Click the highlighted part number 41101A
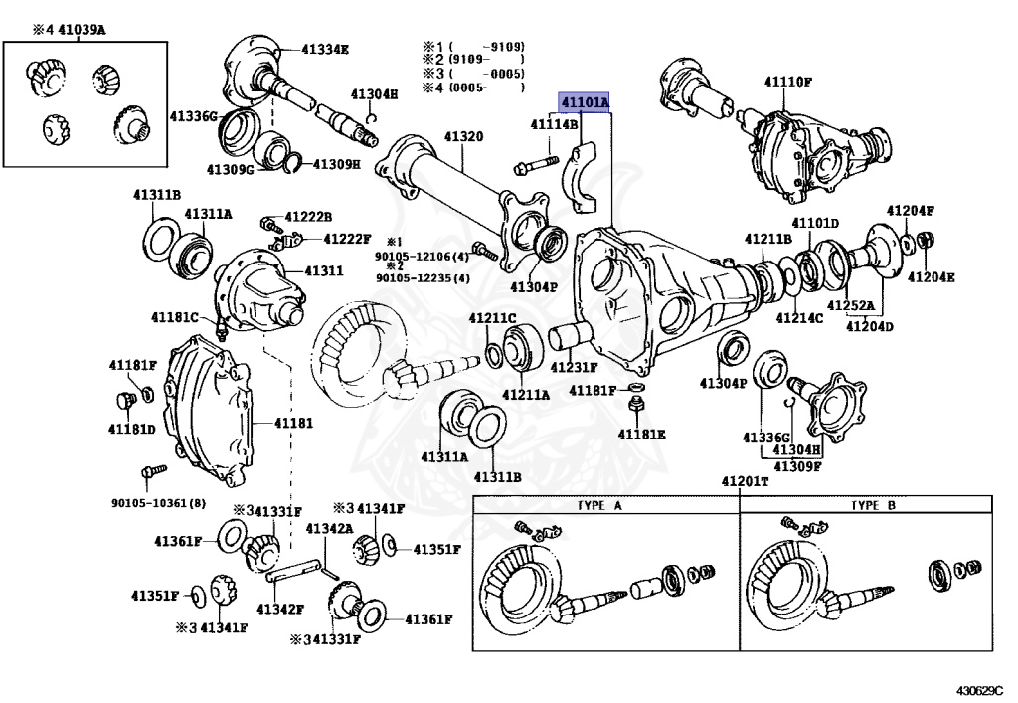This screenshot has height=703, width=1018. click(x=585, y=103)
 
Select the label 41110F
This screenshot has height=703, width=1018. click(x=788, y=81)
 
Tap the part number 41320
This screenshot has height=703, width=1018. click(x=464, y=135)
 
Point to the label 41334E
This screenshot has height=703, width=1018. click(x=326, y=48)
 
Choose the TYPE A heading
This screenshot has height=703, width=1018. click(x=599, y=505)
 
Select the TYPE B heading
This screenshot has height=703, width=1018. click(x=873, y=505)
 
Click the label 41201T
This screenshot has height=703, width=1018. click(x=746, y=482)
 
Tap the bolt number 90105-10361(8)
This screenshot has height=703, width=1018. click(x=159, y=503)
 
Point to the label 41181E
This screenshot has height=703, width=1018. click(x=641, y=435)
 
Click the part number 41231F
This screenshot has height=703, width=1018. click(x=576, y=368)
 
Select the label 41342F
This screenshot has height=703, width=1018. click(x=279, y=609)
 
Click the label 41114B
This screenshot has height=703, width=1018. click(x=554, y=124)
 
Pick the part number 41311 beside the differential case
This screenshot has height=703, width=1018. click(x=323, y=270)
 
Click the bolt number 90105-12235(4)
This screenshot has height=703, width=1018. click(x=423, y=278)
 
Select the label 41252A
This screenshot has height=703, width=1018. click(x=851, y=306)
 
